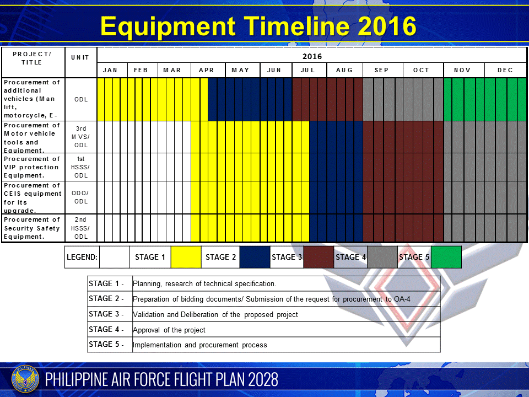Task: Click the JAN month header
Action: click(x=110, y=70)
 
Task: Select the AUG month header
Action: click(x=344, y=70)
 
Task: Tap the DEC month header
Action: click(x=505, y=70)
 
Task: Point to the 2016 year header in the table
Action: click(x=312, y=56)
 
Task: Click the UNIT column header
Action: click(x=80, y=58)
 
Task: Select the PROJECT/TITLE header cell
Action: click(x=32, y=58)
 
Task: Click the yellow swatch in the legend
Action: click(x=186, y=257)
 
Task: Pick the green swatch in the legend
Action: click(x=446, y=257)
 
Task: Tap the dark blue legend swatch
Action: click(x=255, y=257)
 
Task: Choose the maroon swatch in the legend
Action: click(x=318, y=257)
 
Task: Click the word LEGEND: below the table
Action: click(x=82, y=257)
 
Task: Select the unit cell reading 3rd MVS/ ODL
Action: click(x=81, y=137)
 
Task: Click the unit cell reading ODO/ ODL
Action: click(x=81, y=197)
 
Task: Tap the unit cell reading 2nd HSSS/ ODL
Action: click(x=81, y=228)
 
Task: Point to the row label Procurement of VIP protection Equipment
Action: click(x=32, y=167)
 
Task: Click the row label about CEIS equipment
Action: click(x=33, y=197)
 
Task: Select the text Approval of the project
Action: click(x=169, y=330)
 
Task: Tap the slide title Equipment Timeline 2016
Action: click(x=258, y=26)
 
